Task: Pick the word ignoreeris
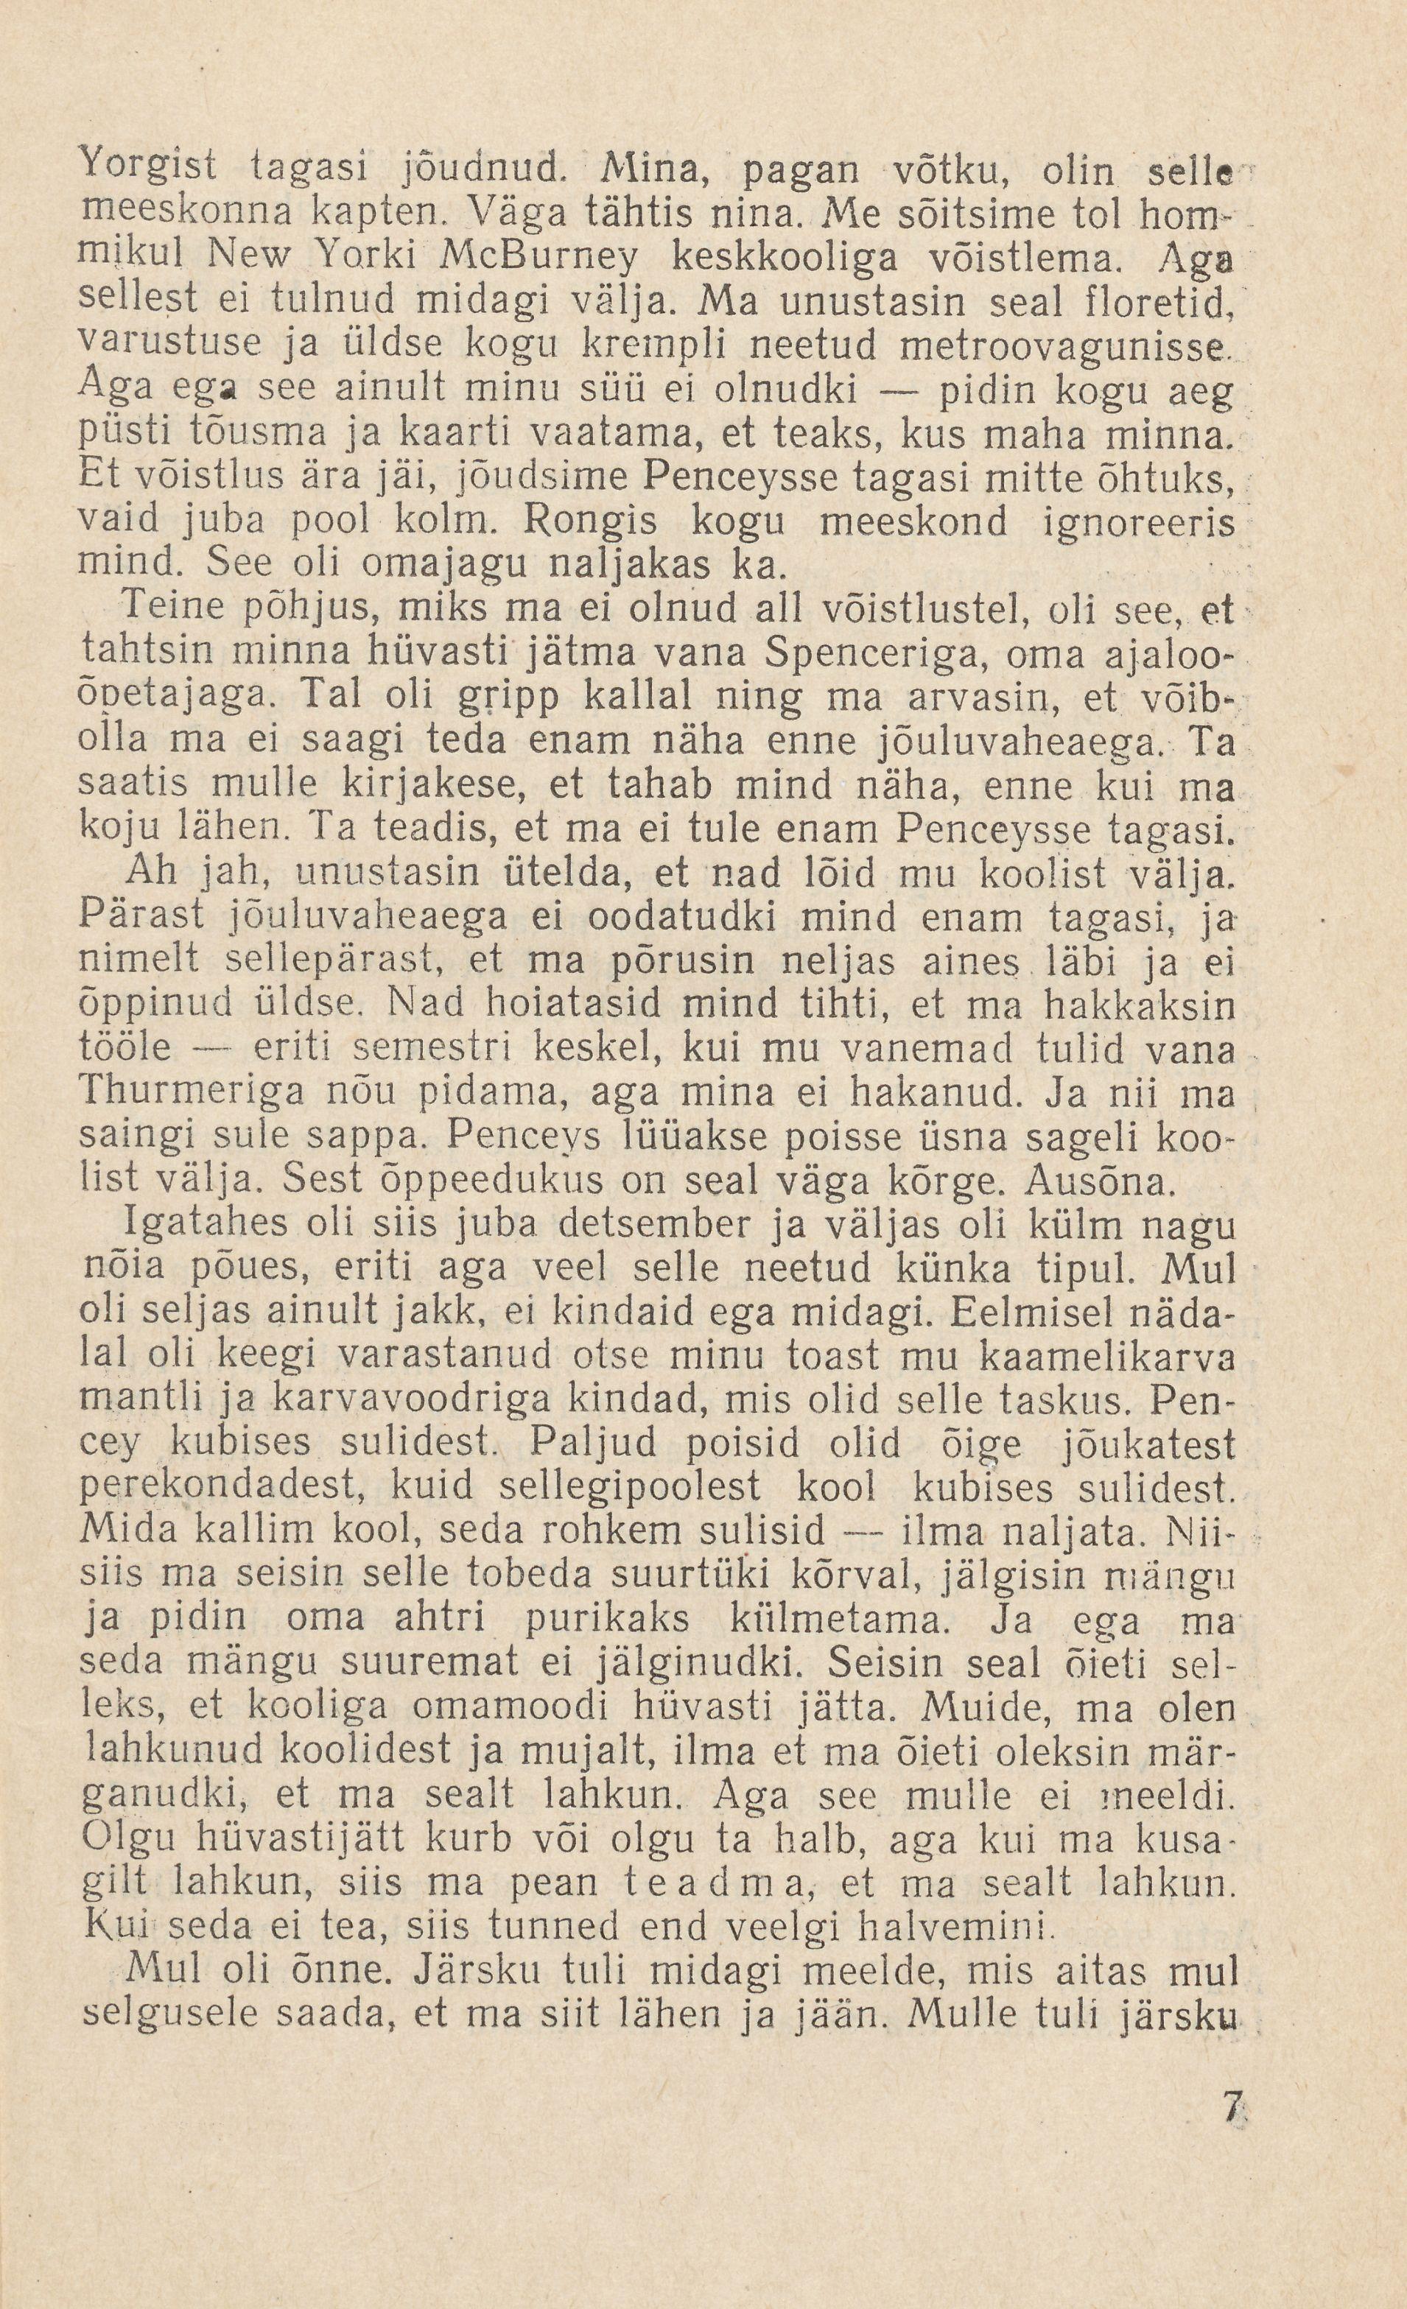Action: coord(1138,520)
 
